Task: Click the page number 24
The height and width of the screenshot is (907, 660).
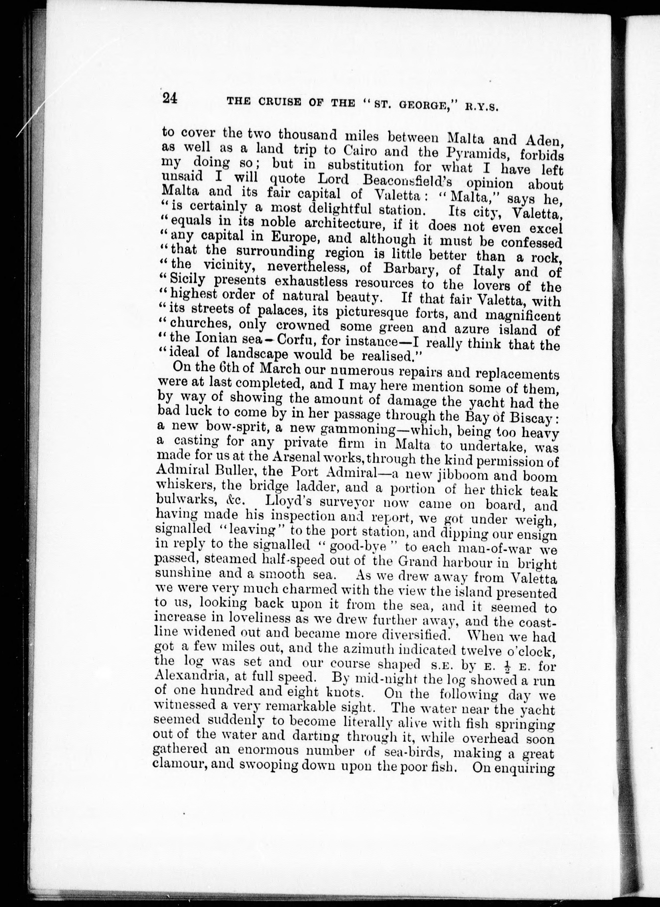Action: [x=170, y=98]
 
